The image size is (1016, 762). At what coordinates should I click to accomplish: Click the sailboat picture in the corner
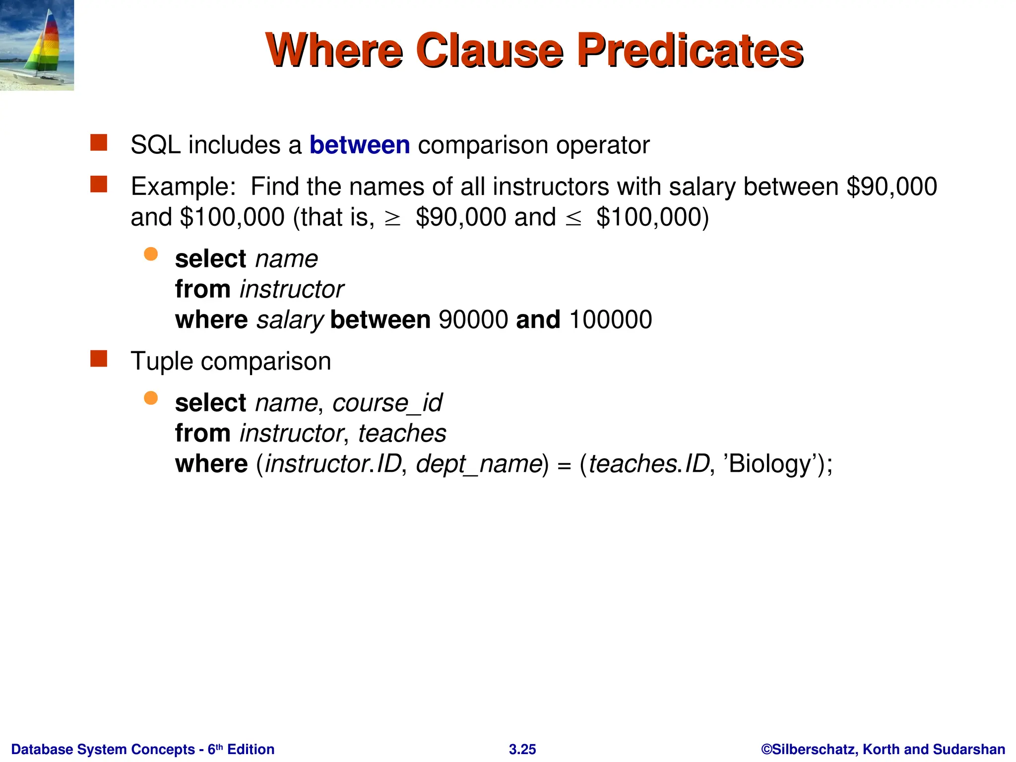pos(37,45)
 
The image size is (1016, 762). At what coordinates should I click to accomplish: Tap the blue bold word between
pos(360,145)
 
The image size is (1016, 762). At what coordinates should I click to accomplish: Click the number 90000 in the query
pos(473,319)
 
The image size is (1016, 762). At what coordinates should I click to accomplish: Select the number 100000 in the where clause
pos(611,319)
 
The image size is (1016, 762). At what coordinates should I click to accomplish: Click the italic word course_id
pos(387,403)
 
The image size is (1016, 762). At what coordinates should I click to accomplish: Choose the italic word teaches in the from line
pos(402,434)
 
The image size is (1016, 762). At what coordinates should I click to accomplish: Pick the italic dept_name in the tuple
pos(479,464)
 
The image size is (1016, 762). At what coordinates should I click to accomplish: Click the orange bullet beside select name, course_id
pos(151,398)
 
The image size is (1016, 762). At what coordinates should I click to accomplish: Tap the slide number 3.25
pos(522,749)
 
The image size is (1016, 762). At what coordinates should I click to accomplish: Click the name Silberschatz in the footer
pos(814,749)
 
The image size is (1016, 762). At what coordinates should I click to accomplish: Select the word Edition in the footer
pos(251,749)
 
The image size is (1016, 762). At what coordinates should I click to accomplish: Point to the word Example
pos(183,187)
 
